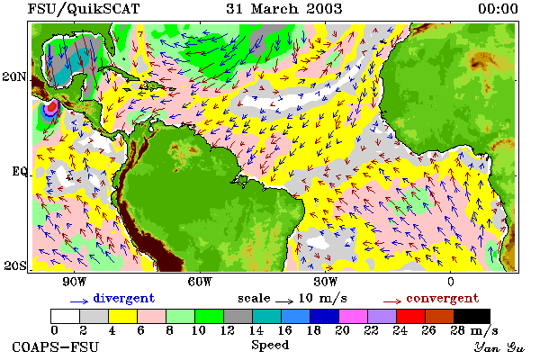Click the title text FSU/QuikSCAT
point(84,9)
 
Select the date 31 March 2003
point(284,9)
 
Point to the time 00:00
point(498,9)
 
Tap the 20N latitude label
point(14,76)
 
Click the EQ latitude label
point(19,171)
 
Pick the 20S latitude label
point(14,265)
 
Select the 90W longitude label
point(75,282)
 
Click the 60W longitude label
point(200,282)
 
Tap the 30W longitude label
point(325,282)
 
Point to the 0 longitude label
point(451,282)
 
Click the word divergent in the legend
point(124,298)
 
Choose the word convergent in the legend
point(443,298)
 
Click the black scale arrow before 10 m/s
point(284,301)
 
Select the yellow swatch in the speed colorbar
point(123,316)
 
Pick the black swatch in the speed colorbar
point(472,316)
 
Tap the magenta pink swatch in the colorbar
point(354,316)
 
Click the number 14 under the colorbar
point(256,330)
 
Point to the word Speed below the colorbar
point(270,346)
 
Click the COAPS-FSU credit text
point(55,346)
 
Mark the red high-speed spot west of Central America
point(52,106)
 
